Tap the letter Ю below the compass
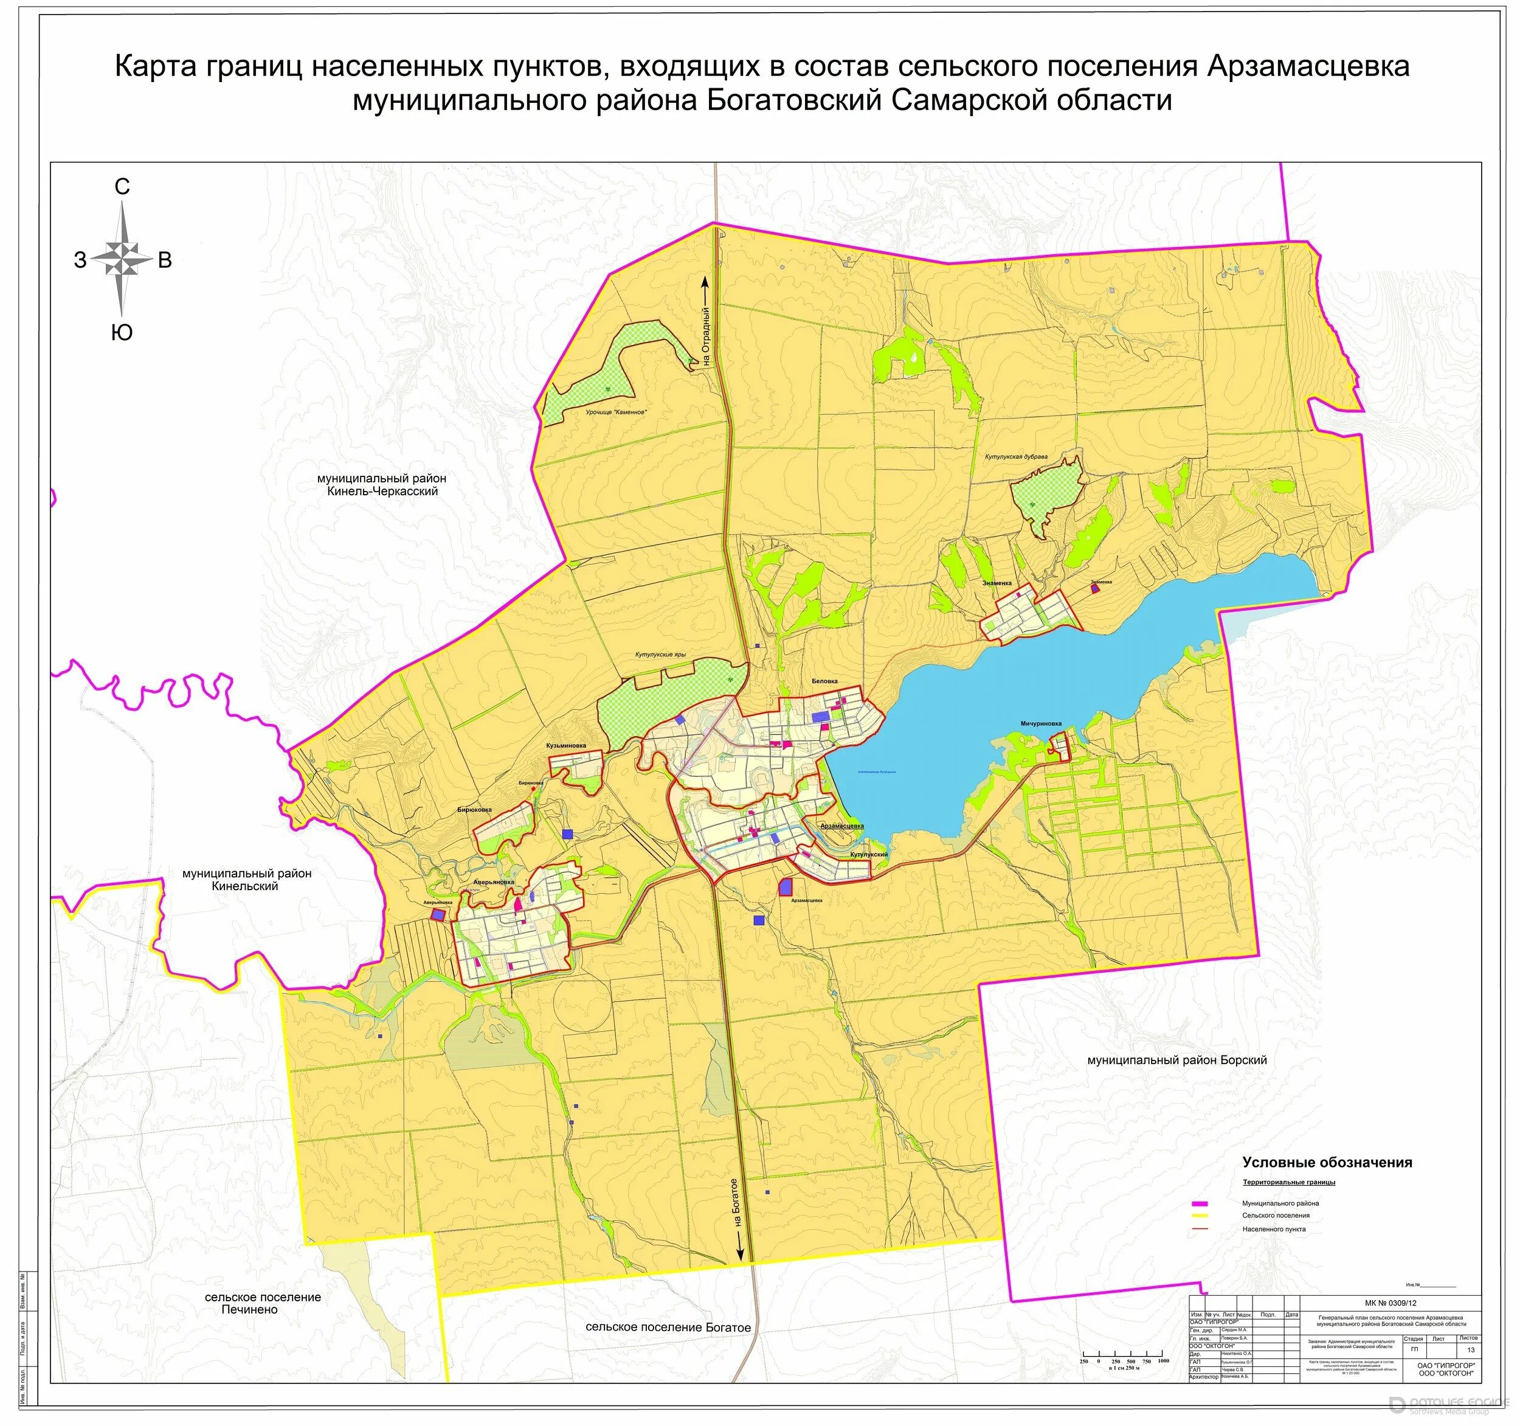click(x=122, y=332)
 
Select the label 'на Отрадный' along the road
click(x=706, y=336)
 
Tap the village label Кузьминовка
click(x=566, y=745)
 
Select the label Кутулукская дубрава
click(x=1015, y=457)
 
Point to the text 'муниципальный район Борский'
click(x=1176, y=1060)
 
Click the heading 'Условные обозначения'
click(x=1327, y=1162)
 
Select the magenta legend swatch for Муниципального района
click(x=1199, y=1203)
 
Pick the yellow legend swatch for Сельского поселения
click(x=1199, y=1216)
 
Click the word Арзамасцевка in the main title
click(x=1307, y=66)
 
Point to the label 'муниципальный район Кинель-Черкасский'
click(x=382, y=484)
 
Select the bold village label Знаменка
click(x=997, y=583)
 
